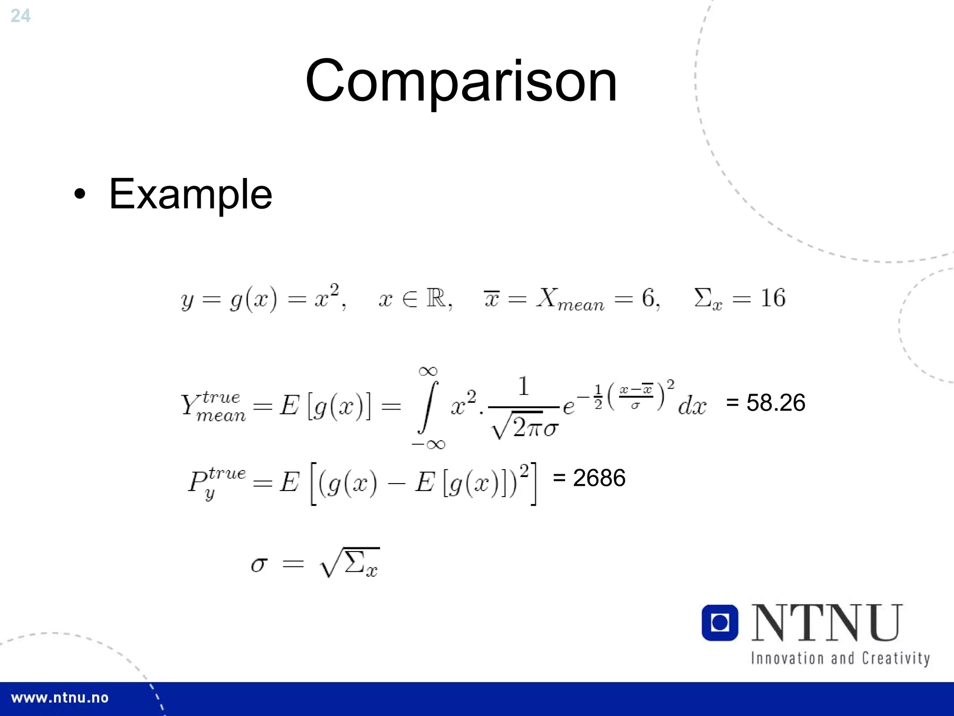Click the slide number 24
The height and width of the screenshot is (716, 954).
tap(20, 16)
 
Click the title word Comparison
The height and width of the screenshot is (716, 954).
tap(461, 81)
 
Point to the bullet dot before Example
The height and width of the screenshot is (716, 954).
tap(80, 194)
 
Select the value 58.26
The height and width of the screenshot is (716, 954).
tap(775, 402)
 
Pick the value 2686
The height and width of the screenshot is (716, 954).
tap(599, 478)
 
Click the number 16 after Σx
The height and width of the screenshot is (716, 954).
tap(773, 298)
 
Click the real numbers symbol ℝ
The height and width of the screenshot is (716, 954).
tap(436, 298)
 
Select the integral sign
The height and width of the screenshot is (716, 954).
tap(428, 407)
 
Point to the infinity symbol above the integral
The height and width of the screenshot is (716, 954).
tap(428, 371)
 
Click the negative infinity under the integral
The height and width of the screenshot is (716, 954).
tap(429, 444)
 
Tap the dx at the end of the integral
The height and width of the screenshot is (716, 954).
tap(692, 406)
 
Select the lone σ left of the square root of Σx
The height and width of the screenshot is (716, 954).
tap(259, 565)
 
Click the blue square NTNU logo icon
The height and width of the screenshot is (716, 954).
tap(720, 622)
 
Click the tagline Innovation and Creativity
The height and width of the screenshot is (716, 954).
tap(840, 658)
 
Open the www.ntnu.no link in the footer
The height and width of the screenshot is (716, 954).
tap(60, 698)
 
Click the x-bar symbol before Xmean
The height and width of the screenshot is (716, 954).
tap(492, 299)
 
